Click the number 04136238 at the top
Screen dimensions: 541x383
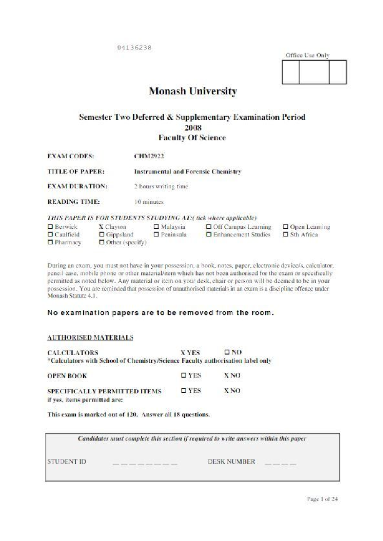(134, 47)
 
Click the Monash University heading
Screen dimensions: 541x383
(193, 91)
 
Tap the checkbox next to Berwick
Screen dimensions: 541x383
(50, 227)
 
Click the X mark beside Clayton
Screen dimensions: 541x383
(101, 227)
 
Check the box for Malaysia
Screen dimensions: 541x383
(156, 227)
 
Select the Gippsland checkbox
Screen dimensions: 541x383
(101, 234)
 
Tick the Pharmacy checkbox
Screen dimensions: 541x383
(50, 242)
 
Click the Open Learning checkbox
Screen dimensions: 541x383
(286, 227)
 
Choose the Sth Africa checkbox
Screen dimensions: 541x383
(286, 234)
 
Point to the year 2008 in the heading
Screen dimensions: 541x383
(193, 128)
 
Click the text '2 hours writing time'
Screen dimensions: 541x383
(161, 186)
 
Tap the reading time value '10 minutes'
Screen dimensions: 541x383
(149, 202)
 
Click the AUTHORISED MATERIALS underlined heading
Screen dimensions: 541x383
(90, 337)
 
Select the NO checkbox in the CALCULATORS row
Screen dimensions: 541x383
(227, 352)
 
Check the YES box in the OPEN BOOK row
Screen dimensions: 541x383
(184, 375)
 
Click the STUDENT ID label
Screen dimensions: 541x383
(67, 461)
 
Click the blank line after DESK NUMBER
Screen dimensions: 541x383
(280, 464)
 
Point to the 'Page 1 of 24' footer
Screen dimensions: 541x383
(322, 499)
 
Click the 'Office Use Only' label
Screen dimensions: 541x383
(307, 55)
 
